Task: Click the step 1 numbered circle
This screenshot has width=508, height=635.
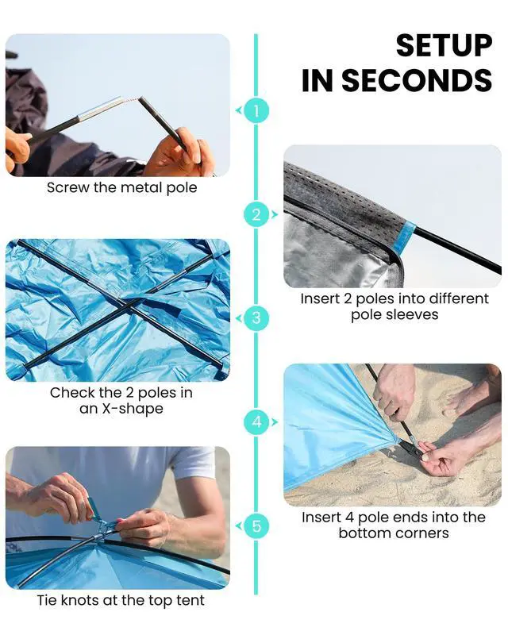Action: [x=256, y=110]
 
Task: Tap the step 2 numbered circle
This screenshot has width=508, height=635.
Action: [x=256, y=214]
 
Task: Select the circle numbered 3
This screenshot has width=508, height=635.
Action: [x=256, y=318]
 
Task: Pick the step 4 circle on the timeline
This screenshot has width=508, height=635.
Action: [x=256, y=422]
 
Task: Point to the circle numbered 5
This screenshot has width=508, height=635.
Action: [x=256, y=526]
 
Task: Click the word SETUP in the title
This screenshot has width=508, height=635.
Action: [x=444, y=45]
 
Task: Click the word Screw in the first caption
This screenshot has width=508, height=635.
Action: [x=67, y=187]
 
